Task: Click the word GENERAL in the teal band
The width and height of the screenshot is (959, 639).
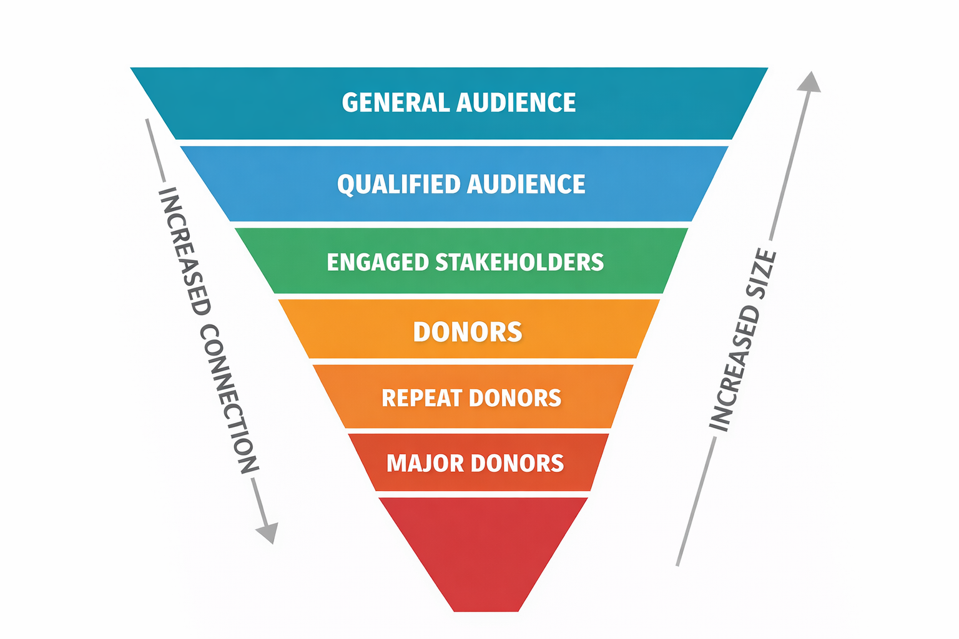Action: (x=396, y=102)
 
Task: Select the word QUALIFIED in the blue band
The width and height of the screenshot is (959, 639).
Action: (x=399, y=184)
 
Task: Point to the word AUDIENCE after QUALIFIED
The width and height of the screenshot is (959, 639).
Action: (x=526, y=184)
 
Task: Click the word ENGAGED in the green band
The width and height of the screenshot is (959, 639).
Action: (x=378, y=262)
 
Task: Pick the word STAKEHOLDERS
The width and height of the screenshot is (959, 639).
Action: (x=519, y=262)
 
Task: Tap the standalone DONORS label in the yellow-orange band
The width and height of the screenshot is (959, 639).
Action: (x=468, y=332)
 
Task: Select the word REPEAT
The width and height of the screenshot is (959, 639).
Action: (x=422, y=398)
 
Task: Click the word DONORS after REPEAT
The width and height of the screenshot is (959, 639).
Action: (x=515, y=398)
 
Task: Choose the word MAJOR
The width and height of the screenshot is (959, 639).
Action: (x=425, y=464)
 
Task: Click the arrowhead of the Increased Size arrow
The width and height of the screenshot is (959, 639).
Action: (x=810, y=82)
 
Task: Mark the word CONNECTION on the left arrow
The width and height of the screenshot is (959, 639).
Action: (x=229, y=399)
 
